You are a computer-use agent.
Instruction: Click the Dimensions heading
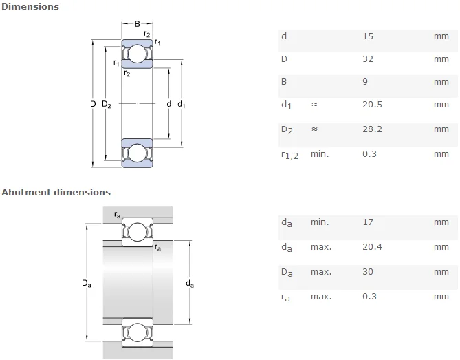[x=30, y=7]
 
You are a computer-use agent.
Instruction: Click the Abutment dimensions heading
[x=56, y=192]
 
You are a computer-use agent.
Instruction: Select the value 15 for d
[x=367, y=36]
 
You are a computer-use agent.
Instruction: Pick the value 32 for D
[x=367, y=59]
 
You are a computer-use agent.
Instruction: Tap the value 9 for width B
[x=364, y=82]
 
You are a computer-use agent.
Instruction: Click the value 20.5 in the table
[x=372, y=105]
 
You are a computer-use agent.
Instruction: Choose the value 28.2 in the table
[x=372, y=129]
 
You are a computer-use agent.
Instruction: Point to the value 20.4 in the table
[x=372, y=247]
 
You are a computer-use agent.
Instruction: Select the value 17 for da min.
[x=367, y=222]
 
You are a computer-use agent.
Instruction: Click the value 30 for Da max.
[x=367, y=272]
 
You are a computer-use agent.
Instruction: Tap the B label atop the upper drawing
[x=137, y=24]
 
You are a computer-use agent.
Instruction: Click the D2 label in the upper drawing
[x=107, y=105]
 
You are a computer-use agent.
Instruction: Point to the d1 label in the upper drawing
[x=182, y=105]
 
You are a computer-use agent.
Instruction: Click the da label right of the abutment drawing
[x=190, y=283]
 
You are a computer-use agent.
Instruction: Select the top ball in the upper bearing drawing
[x=137, y=54]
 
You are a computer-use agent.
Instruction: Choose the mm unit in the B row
[x=441, y=82]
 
